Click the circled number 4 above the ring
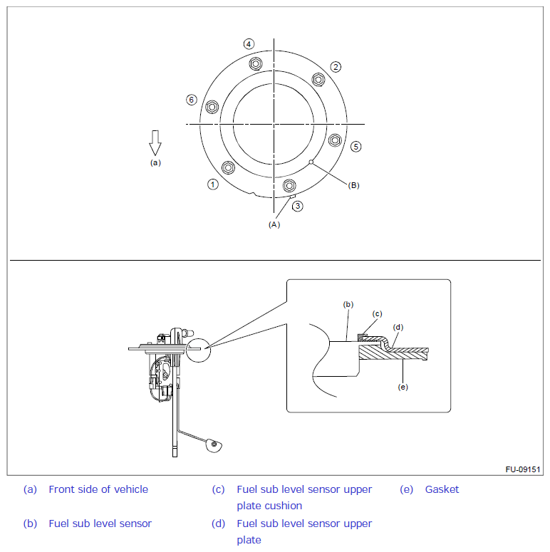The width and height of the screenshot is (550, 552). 249,44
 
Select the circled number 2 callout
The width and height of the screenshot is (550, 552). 336,67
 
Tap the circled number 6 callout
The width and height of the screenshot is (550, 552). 191,100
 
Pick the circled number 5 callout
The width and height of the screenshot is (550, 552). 356,147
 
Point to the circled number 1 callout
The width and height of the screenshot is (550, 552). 213,184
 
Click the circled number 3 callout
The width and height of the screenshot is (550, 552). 298,206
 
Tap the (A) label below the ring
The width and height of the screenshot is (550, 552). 274,224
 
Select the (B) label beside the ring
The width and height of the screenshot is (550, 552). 353,185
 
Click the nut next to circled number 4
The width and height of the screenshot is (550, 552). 256,63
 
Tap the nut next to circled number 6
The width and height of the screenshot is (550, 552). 212,108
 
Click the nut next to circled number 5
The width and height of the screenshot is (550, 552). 333,140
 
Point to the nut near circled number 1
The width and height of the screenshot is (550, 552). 228,168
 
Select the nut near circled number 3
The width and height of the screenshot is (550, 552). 289,186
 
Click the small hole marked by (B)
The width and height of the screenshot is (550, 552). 311,162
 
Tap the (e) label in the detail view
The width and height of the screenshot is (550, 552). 403,387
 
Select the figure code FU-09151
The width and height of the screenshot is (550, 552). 523,469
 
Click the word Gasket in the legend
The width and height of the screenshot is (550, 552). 442,489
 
